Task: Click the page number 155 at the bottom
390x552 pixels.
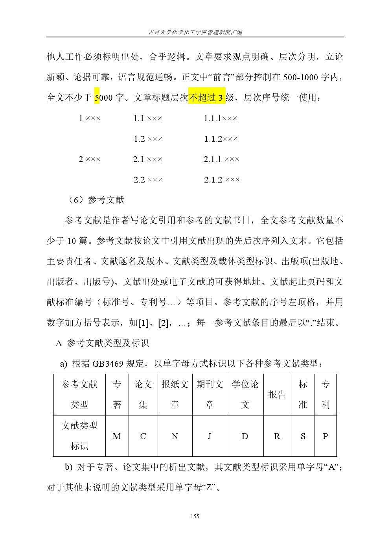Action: coord(195,516)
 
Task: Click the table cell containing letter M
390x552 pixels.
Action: coord(117,436)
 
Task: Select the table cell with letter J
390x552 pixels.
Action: coord(210,436)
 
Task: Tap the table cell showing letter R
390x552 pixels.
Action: coord(277,436)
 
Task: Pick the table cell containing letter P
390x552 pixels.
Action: coord(325,436)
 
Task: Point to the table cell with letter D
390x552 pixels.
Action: coord(245,436)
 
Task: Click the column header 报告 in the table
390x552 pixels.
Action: coord(277,395)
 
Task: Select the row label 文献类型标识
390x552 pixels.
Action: coord(79,436)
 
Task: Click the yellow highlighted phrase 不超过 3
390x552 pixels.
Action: coord(207,97)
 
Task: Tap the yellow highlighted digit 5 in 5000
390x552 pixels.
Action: coord(97,97)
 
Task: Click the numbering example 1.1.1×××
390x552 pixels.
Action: coord(220,118)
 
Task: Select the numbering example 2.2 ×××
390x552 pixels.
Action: coord(148,180)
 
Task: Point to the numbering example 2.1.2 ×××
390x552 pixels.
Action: coord(222,180)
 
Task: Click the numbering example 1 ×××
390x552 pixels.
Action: coord(90,118)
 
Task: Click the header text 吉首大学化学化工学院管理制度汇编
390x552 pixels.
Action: coord(195,32)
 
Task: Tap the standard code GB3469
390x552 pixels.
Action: coord(107,364)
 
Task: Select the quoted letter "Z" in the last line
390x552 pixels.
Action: coord(209,487)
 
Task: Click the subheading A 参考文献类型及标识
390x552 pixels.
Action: coord(102,343)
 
